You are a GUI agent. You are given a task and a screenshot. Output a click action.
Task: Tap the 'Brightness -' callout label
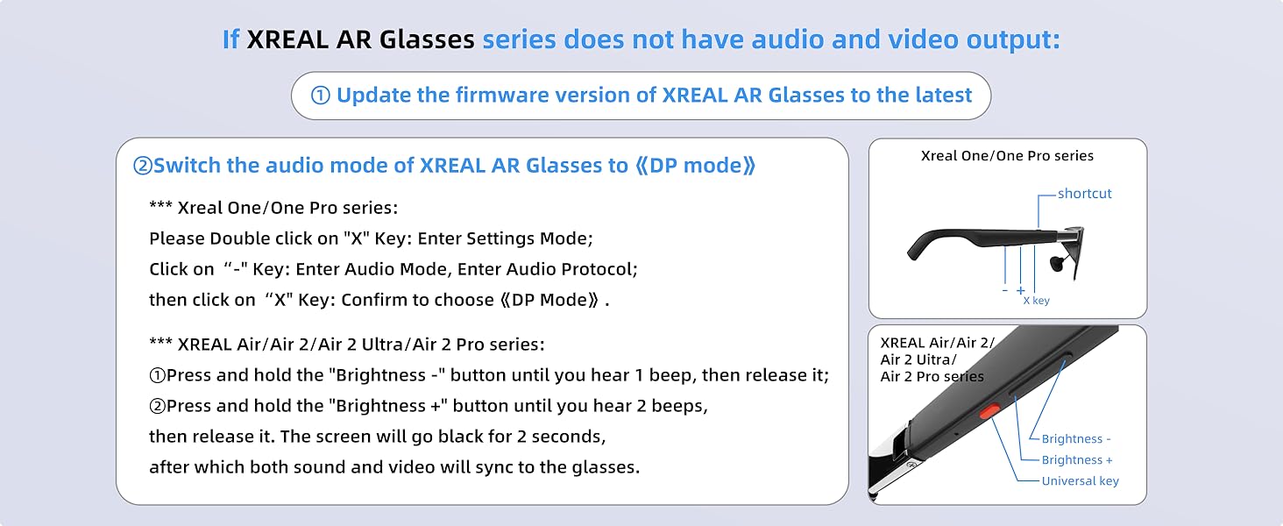(x=1076, y=439)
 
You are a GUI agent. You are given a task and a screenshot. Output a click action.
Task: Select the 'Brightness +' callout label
(x=1077, y=460)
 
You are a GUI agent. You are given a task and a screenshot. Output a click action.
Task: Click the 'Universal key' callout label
(x=1080, y=480)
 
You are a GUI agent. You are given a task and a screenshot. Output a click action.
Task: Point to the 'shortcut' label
(x=1084, y=194)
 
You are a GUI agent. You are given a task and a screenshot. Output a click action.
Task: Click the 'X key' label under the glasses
(x=1036, y=301)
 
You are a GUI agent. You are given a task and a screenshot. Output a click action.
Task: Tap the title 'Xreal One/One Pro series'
(x=1007, y=156)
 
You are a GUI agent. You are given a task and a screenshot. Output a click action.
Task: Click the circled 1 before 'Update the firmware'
(x=321, y=96)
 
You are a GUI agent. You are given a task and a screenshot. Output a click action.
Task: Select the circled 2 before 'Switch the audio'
(x=142, y=167)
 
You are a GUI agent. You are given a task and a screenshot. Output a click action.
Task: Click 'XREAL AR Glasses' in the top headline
(x=360, y=40)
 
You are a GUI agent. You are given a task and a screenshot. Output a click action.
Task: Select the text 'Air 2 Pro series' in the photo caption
(x=932, y=377)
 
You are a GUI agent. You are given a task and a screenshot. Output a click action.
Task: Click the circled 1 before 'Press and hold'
(x=158, y=376)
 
